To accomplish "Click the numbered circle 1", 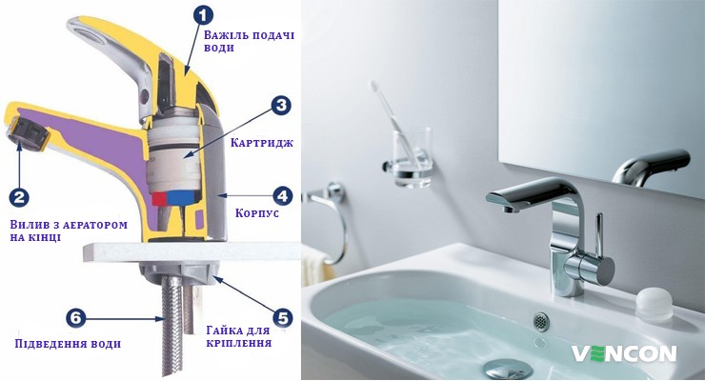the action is (x=203, y=16).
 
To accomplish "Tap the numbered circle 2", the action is (x=19, y=197).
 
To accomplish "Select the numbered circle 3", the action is (x=281, y=106).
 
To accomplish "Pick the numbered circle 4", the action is (x=283, y=196).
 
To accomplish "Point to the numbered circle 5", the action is (x=283, y=317).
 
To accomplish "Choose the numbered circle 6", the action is (x=75, y=317).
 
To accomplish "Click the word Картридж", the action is (x=262, y=143).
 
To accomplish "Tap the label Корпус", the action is (x=257, y=212).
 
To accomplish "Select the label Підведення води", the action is (x=68, y=344).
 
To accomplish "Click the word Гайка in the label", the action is (x=221, y=331).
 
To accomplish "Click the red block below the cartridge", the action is (x=159, y=198).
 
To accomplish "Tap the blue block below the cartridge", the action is (x=181, y=197).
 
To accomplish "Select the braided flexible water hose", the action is (x=171, y=326).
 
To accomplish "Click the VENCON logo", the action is (x=624, y=353).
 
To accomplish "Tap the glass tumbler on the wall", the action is (x=412, y=157).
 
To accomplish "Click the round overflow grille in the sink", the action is (x=541, y=321).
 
